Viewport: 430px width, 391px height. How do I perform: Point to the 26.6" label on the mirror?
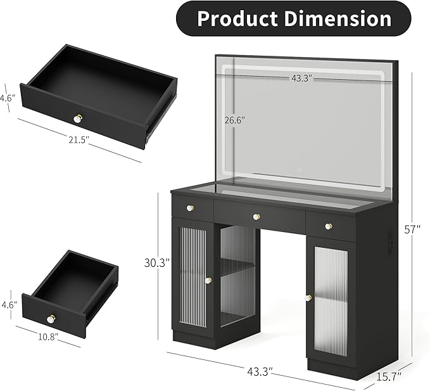[234, 119]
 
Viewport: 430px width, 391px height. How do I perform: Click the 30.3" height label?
[156, 263]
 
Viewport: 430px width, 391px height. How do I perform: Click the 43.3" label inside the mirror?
[301, 78]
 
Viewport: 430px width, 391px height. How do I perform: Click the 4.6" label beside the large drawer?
[6, 98]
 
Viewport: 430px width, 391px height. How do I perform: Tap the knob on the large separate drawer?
[78, 118]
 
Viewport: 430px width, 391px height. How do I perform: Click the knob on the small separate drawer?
[51, 317]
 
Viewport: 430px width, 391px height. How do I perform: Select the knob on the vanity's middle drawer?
[256, 217]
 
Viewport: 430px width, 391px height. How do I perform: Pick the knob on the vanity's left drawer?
[190, 207]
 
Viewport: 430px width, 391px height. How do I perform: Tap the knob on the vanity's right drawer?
[328, 226]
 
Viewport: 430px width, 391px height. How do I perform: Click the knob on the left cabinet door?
[208, 280]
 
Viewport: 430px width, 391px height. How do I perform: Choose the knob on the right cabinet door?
[308, 298]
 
